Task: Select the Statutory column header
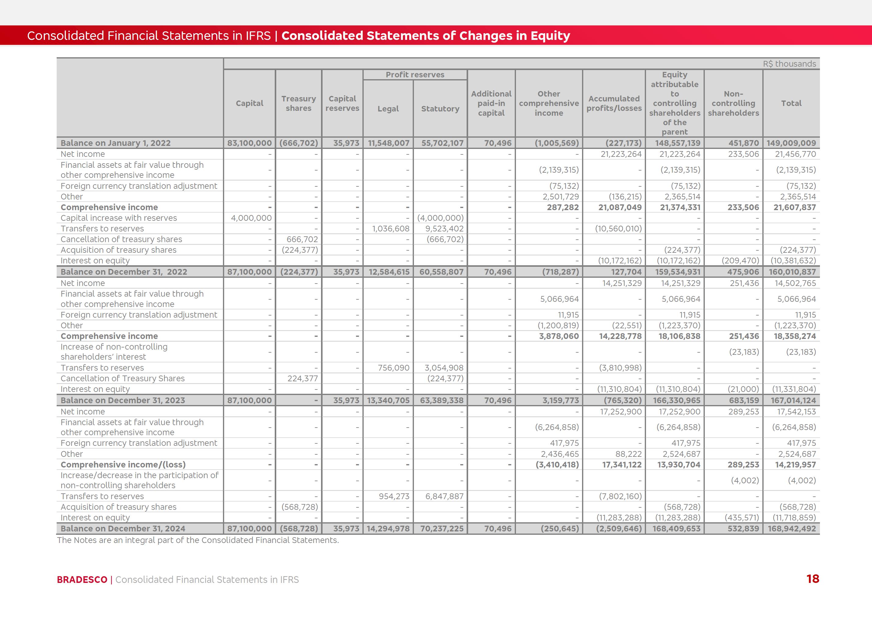click(440, 109)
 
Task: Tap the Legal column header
click(388, 109)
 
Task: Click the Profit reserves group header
click(415, 75)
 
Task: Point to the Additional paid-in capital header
click(491, 103)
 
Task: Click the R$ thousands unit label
click(789, 64)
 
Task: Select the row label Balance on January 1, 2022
click(115, 143)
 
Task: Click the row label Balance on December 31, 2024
click(123, 528)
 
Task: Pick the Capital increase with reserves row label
click(118, 218)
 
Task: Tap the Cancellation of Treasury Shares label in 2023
click(122, 379)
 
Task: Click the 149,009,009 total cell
click(791, 143)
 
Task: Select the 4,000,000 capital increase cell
click(251, 218)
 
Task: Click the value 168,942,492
click(792, 528)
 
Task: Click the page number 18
click(813, 579)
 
